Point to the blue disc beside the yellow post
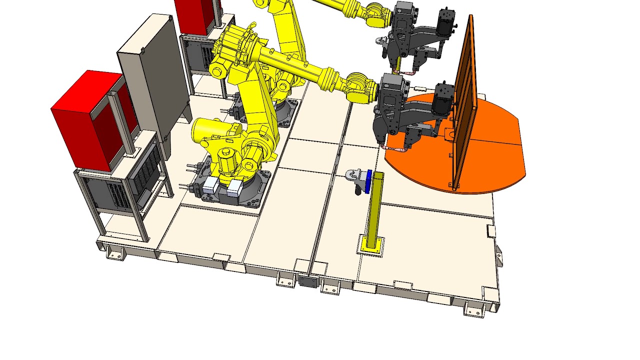(369, 181)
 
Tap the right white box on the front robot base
(234, 188)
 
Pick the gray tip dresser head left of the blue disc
(353, 175)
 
